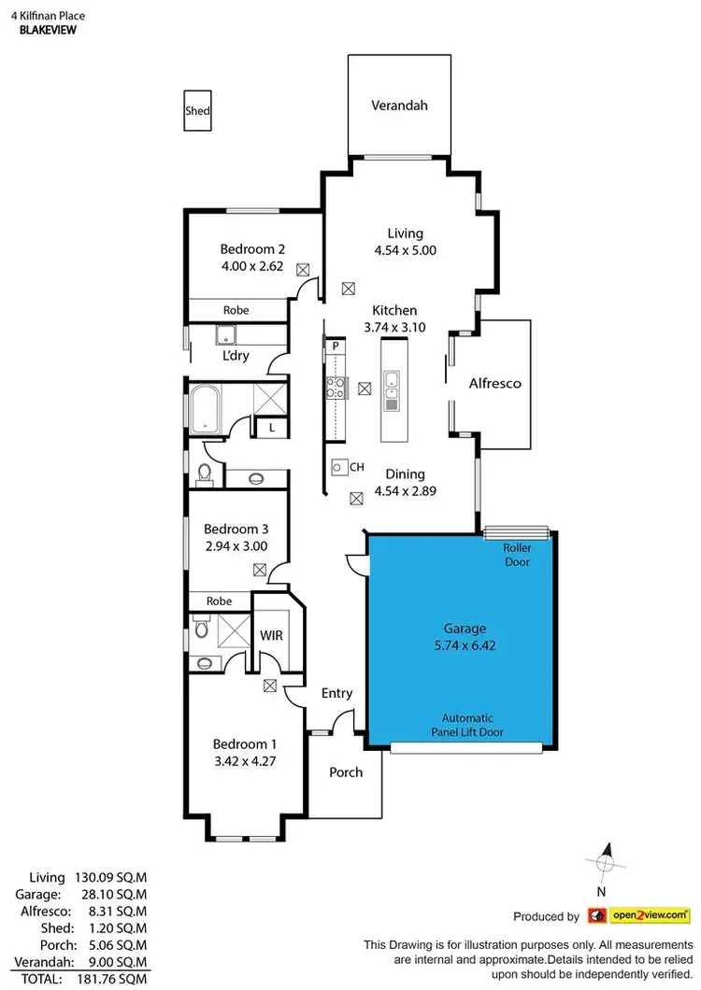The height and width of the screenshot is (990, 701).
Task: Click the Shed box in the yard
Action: point(197,111)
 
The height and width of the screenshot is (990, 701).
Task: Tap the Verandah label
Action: point(399,106)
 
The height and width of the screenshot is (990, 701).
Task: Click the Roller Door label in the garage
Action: point(517,556)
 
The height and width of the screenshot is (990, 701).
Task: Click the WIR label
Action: point(271,636)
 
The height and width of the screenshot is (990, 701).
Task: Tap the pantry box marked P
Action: point(335,346)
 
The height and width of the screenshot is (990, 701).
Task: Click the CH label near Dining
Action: point(355,466)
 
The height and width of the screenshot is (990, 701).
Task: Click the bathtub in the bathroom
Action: point(206,410)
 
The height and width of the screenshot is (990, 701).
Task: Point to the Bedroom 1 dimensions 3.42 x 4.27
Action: point(245,760)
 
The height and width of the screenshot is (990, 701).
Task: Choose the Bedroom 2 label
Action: point(252,249)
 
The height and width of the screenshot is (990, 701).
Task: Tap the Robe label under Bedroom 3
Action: point(219,601)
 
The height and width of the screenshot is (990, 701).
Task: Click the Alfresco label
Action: point(494,383)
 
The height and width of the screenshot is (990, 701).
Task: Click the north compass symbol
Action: point(605,862)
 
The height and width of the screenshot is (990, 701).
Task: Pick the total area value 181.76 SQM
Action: point(116,978)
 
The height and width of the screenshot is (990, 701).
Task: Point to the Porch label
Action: point(346,772)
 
